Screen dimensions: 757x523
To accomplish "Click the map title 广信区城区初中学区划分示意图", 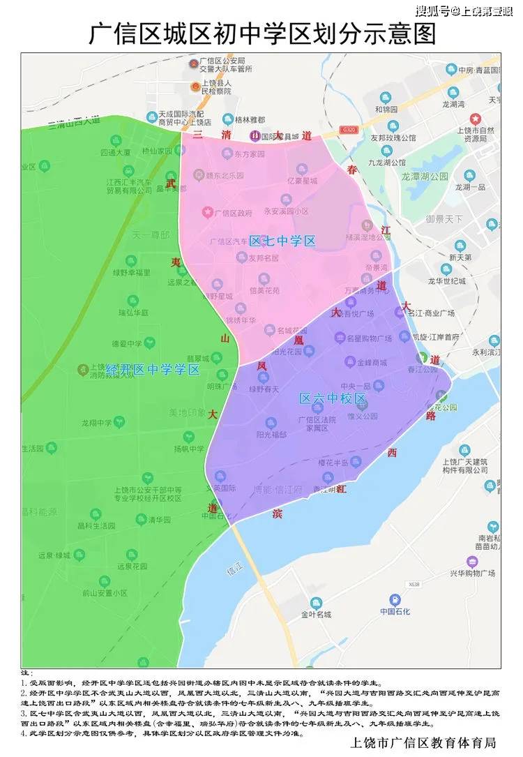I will (x=261, y=33).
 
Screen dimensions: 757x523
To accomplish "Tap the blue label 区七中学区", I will (x=282, y=241).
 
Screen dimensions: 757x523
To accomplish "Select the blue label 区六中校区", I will (x=333, y=398).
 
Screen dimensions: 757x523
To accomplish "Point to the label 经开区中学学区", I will (x=153, y=369).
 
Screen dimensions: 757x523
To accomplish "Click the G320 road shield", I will (x=349, y=130).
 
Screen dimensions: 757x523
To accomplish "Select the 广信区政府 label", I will (x=229, y=212).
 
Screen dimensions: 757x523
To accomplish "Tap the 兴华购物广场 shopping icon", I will (x=472, y=562).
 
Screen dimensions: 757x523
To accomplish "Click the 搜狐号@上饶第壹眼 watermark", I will (x=467, y=10).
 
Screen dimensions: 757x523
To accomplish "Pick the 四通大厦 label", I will (x=115, y=151).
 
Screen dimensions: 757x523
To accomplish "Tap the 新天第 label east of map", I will (x=460, y=257).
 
